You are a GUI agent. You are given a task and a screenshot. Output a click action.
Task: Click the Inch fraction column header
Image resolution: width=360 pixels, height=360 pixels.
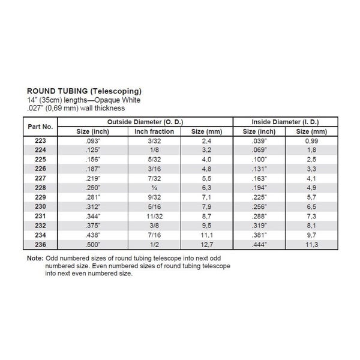154,131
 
